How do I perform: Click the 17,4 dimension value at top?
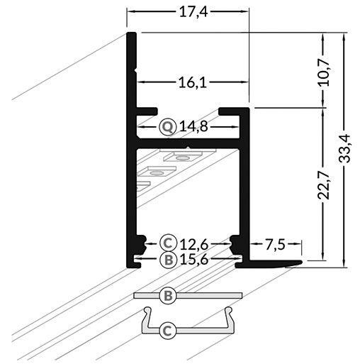(x=189, y=12)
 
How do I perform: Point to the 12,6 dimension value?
(x=192, y=241)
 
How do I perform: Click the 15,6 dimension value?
(x=192, y=259)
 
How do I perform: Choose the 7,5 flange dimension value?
(x=275, y=245)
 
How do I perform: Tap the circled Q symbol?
(x=167, y=128)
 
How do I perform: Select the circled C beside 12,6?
(x=167, y=241)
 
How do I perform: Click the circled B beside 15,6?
(x=167, y=259)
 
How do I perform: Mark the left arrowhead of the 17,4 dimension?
(x=130, y=13)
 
